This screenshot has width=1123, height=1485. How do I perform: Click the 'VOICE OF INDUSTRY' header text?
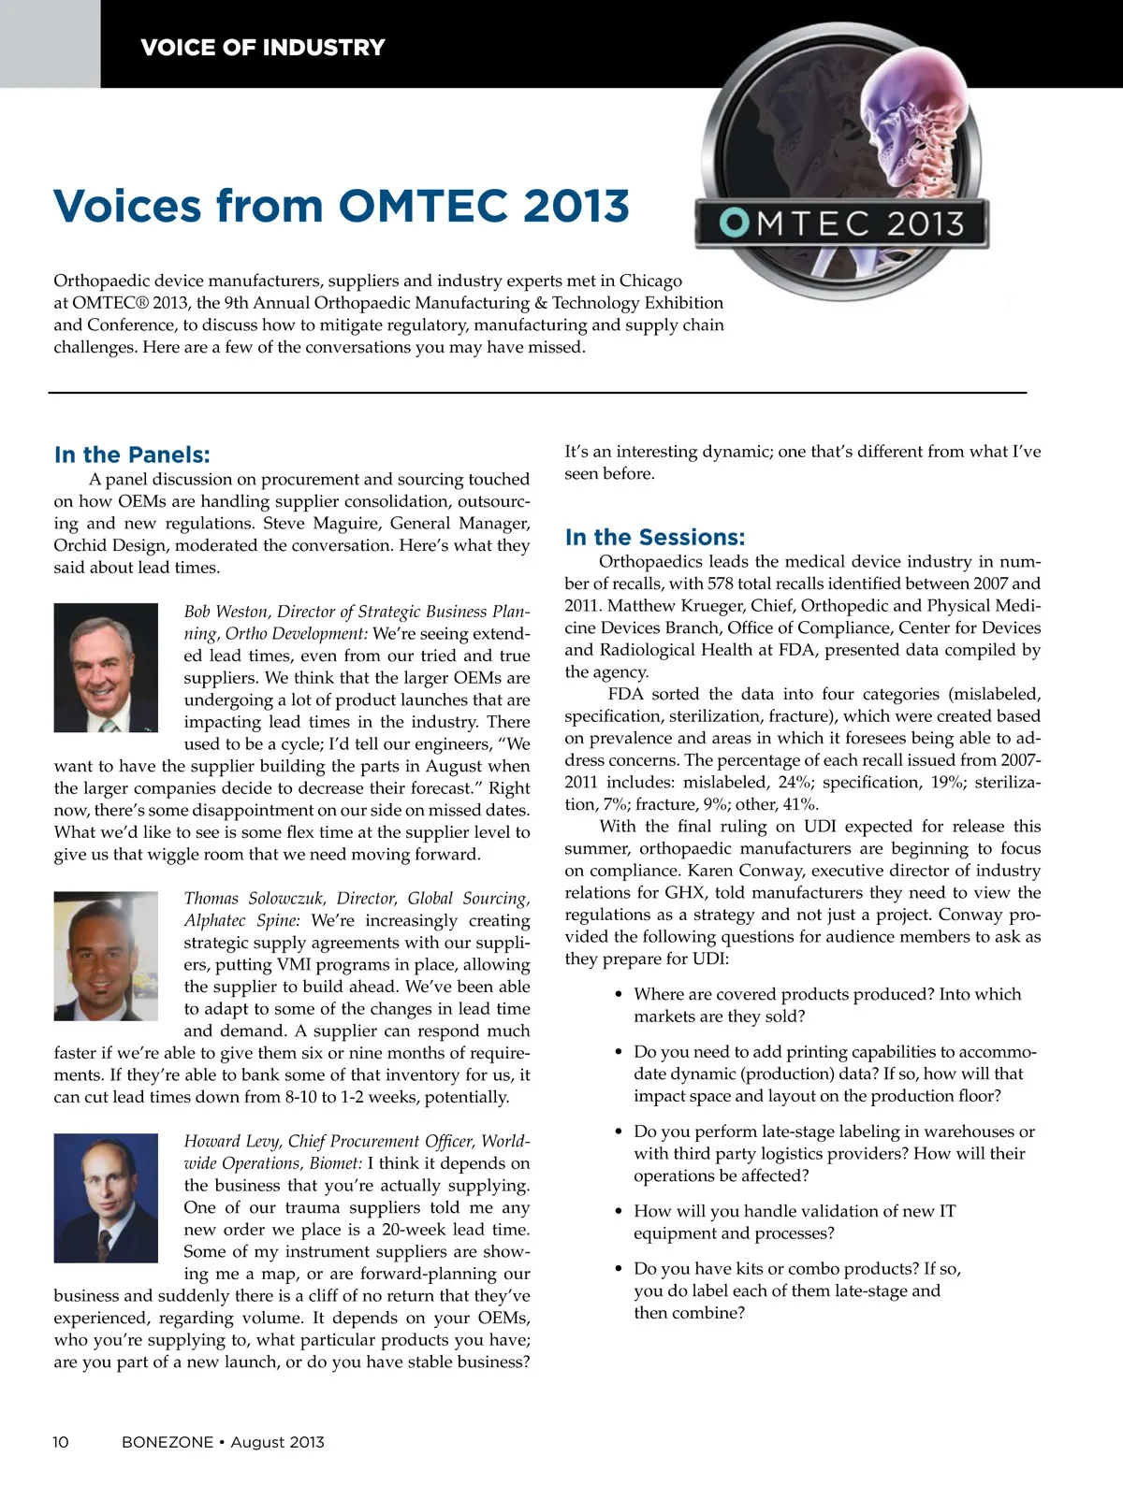tap(262, 48)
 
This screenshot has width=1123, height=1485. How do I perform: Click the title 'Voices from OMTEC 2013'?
tap(341, 206)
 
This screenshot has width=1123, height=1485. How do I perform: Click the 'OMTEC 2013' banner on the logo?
tap(843, 224)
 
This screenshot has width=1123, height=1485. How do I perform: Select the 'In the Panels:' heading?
tap(132, 455)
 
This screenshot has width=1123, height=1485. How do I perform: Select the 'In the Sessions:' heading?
tap(655, 538)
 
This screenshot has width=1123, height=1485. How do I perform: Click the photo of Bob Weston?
tap(106, 668)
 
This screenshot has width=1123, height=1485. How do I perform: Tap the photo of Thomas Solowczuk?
tap(106, 955)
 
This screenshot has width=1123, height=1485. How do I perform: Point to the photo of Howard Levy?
tap(106, 1198)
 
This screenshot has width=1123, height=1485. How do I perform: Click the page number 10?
tap(61, 1442)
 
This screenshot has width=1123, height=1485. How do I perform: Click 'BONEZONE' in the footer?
tap(168, 1442)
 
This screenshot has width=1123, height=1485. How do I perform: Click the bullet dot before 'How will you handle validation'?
tap(619, 1212)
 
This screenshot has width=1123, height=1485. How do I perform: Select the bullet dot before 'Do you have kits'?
tap(619, 1269)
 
